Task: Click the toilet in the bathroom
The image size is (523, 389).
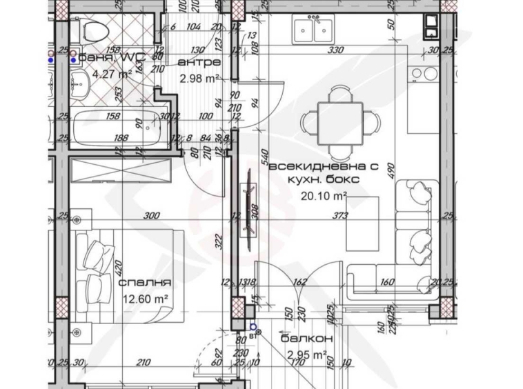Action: [92, 30]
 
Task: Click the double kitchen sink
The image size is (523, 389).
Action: [312, 31]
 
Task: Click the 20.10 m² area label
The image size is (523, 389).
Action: [323, 194]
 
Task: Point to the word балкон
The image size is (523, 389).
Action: [307, 339]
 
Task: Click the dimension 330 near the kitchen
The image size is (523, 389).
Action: [335, 50]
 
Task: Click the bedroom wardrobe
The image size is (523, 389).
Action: [118, 169]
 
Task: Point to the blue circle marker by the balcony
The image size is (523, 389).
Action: [253, 327]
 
